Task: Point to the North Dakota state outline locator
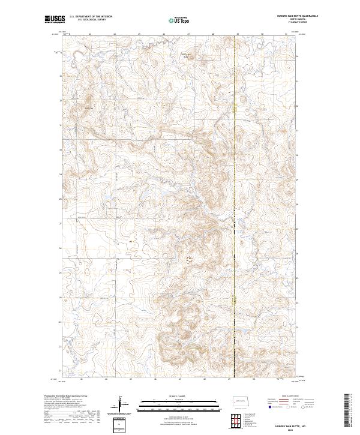tap(242, 400)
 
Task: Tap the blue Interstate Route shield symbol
tap(271, 407)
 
